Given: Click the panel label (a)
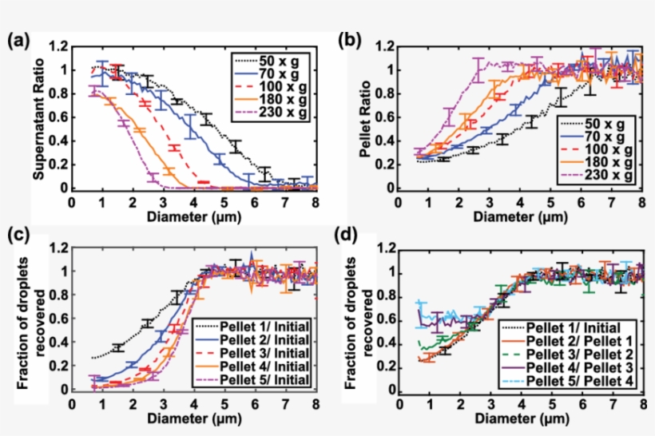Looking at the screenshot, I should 21,42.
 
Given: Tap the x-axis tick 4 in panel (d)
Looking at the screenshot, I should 522,403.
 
